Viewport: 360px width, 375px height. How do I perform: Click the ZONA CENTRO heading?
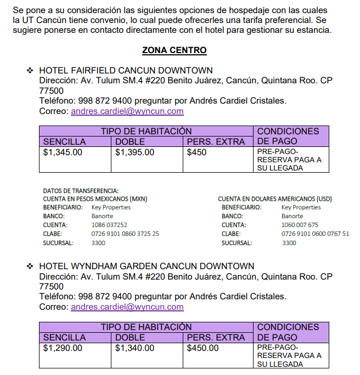coord(174,50)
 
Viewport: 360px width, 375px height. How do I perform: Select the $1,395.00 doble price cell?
coord(134,152)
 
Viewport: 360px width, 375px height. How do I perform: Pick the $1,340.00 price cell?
coord(134,348)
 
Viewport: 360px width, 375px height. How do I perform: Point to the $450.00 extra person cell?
coord(203,348)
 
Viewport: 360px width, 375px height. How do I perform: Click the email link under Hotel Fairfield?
coord(127,111)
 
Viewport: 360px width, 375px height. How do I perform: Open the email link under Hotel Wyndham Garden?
coord(127,307)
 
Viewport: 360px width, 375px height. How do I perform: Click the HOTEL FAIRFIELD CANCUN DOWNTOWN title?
coord(126,71)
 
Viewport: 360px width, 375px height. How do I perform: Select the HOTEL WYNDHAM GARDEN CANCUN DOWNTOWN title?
coord(147,266)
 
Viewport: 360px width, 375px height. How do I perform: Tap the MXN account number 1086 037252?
coord(109,225)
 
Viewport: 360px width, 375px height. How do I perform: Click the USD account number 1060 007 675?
coord(300,225)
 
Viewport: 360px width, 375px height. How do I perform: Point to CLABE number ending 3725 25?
coord(125,234)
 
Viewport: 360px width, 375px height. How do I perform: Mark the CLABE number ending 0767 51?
coord(315,234)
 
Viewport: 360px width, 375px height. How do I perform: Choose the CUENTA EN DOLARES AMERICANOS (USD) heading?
coord(274,199)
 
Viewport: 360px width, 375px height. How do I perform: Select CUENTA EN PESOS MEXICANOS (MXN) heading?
coord(95,199)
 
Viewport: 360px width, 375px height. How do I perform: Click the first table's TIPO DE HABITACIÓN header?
coord(146,131)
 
